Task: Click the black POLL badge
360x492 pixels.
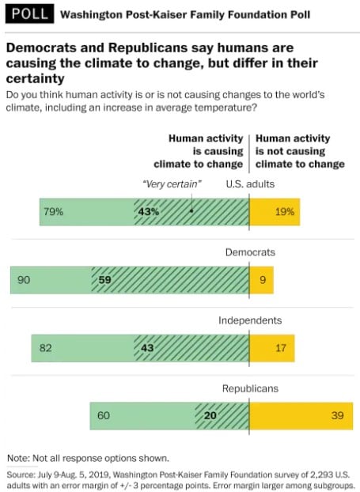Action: pyautogui.click(x=28, y=14)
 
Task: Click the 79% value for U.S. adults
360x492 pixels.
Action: pyautogui.click(x=54, y=212)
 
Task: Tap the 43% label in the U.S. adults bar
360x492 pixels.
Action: pyautogui.click(x=149, y=212)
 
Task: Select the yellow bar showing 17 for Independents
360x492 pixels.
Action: pyautogui.click(x=271, y=347)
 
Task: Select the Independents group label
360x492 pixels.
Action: pyautogui.click(x=250, y=320)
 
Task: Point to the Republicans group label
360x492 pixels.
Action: pyautogui.click(x=250, y=388)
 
